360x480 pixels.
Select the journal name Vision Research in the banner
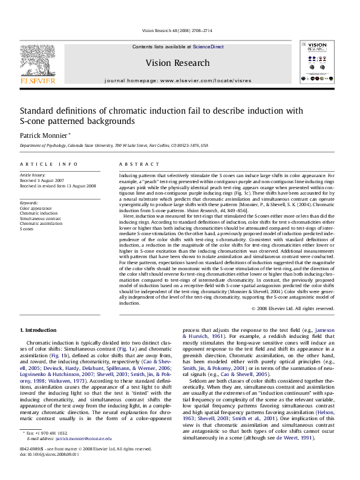pos(177,63)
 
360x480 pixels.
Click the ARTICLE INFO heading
pos(49,164)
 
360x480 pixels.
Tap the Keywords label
pos(30,203)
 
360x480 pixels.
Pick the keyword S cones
pos(27,229)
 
